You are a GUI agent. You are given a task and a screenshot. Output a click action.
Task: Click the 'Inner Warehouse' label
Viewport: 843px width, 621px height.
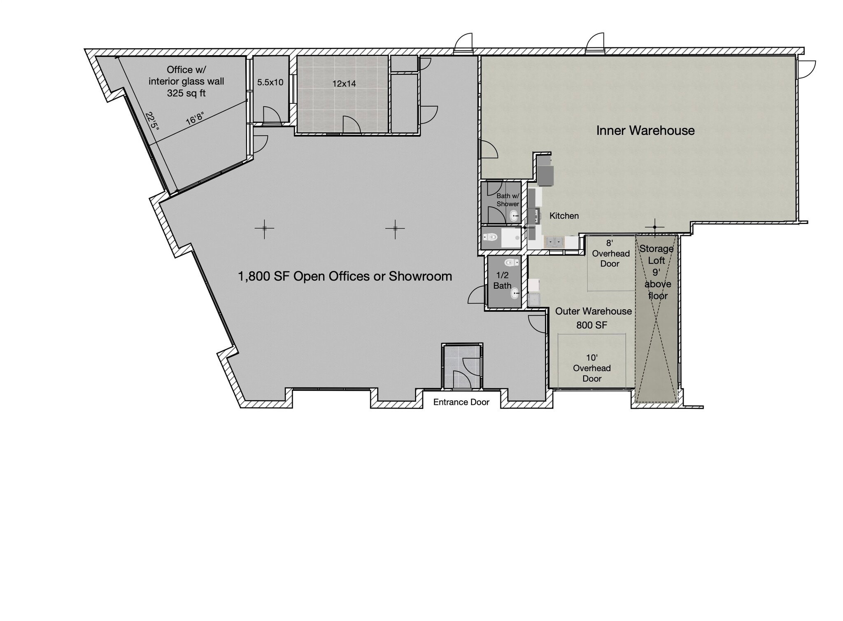(x=645, y=131)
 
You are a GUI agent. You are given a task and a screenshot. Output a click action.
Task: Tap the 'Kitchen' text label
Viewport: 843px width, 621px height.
(x=564, y=216)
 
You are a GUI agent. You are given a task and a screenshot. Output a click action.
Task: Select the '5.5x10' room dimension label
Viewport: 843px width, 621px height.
(x=270, y=82)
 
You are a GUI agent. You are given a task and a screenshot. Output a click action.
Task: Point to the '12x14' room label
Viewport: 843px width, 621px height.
(x=344, y=84)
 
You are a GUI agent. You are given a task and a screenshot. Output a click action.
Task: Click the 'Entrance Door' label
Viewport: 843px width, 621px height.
(x=461, y=402)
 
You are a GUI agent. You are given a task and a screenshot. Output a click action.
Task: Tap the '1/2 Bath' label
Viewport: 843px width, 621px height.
(x=503, y=280)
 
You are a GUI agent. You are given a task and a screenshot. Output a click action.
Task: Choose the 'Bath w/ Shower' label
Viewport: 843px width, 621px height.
(x=508, y=200)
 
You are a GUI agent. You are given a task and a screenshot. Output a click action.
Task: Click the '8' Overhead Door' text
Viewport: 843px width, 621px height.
(x=610, y=253)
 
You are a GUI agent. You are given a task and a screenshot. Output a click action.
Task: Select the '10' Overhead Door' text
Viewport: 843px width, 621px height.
(x=592, y=368)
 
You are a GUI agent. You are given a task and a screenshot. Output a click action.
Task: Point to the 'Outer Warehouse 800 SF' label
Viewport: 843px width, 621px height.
(x=593, y=318)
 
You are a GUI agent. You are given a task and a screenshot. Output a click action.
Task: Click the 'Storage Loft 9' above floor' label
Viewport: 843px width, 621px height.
(x=657, y=272)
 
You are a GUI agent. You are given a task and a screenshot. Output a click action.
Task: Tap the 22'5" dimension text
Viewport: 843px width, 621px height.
(x=151, y=121)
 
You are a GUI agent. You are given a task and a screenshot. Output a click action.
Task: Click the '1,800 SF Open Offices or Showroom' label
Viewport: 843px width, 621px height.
(x=345, y=276)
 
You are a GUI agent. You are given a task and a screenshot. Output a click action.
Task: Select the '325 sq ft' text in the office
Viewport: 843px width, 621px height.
(x=186, y=93)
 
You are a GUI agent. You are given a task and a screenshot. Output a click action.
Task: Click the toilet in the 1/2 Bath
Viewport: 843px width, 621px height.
(x=511, y=262)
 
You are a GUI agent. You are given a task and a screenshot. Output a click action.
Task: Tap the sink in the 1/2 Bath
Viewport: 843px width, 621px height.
(x=515, y=294)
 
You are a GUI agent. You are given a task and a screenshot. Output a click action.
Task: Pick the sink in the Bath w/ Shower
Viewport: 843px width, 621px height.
(x=514, y=216)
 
